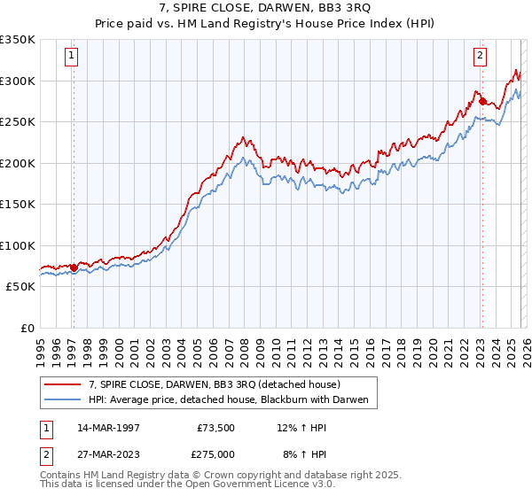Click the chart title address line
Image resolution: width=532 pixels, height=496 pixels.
pyautogui.click(x=265, y=8)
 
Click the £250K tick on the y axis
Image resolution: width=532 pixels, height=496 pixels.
pyautogui.click(x=18, y=122)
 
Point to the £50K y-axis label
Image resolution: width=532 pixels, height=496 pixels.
pyautogui.click(x=20, y=287)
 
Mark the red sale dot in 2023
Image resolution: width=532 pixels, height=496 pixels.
pyautogui.click(x=482, y=102)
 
